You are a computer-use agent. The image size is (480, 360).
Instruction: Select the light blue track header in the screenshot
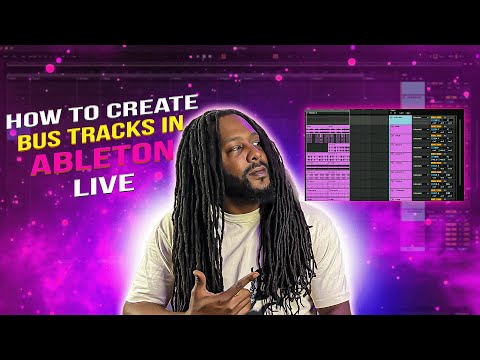[x=400, y=119]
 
